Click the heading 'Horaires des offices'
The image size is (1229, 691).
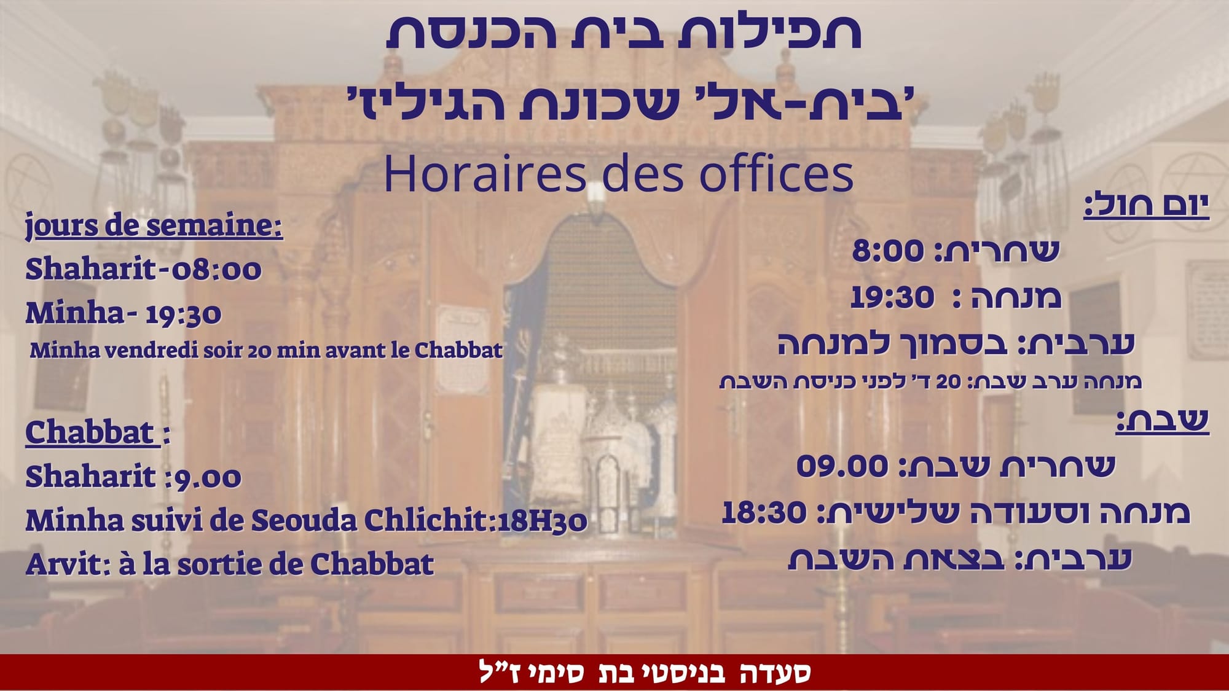[619, 174]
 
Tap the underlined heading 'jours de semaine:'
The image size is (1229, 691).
[154, 225]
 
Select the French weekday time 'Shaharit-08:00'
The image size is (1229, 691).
[143, 269]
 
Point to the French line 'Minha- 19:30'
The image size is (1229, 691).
[123, 313]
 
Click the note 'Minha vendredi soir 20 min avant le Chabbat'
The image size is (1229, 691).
[266, 350]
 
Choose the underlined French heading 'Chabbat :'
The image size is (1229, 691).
[98, 432]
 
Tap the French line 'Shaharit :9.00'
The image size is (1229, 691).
[133, 477]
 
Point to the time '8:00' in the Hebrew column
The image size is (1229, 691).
[888, 251]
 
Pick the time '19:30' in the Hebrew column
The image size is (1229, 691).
[892, 297]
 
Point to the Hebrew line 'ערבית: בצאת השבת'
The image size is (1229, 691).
[959, 559]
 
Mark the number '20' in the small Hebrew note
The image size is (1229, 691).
[948, 381]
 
